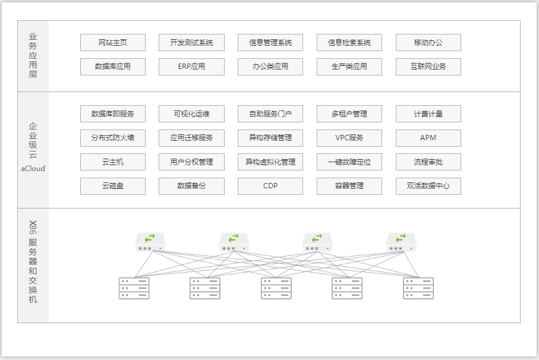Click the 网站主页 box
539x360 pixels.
click(113, 43)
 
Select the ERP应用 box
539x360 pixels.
click(191, 67)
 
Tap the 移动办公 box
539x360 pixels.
click(428, 43)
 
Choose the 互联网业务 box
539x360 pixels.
click(428, 67)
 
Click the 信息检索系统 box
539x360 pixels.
click(349, 43)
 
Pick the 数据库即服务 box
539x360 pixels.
click(113, 114)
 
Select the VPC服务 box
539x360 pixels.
click(349, 138)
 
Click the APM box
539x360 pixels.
click(428, 138)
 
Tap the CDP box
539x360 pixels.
click(270, 186)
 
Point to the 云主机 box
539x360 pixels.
click(113, 162)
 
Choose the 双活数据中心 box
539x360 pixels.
click(428, 186)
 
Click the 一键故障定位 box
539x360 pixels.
click(349, 162)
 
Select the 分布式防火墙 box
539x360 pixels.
click(113, 138)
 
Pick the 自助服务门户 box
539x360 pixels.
click(270, 114)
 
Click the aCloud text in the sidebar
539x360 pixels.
click(33, 169)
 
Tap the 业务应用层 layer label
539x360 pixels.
click(33, 56)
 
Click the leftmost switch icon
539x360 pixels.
click(150, 242)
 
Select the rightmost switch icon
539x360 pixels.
click(402, 242)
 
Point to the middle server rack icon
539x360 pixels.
click(276, 288)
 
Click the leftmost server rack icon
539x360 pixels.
click(134, 288)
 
